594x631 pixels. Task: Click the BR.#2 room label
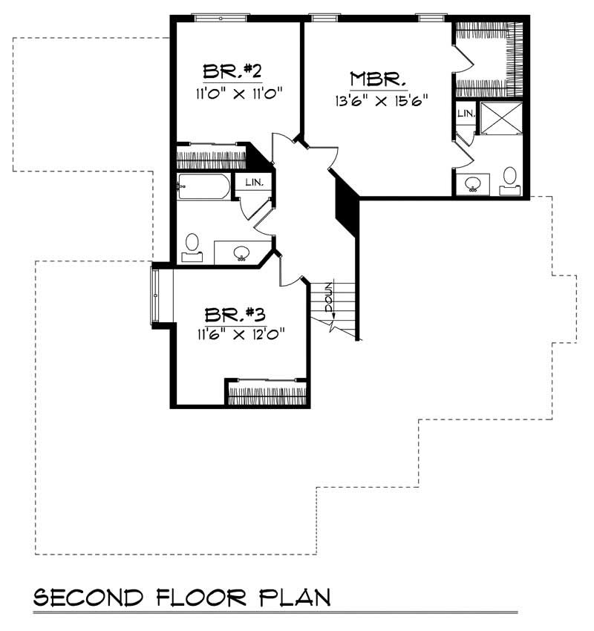(x=232, y=71)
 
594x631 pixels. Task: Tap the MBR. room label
(x=377, y=79)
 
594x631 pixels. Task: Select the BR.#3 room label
(x=235, y=314)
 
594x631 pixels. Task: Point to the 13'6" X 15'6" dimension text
(x=381, y=100)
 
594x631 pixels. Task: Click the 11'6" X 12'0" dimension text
(x=241, y=333)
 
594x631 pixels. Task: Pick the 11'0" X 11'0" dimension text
(x=239, y=94)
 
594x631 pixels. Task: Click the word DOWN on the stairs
(x=329, y=298)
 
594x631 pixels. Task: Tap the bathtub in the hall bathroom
(x=204, y=187)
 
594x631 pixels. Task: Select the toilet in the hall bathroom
(x=192, y=247)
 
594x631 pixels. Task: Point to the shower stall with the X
(x=501, y=118)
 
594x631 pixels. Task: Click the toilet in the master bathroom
(x=510, y=181)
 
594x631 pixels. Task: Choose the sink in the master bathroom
(x=472, y=184)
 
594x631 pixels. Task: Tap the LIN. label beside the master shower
(x=466, y=114)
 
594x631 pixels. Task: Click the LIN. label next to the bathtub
(x=255, y=183)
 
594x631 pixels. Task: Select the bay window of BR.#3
(x=155, y=295)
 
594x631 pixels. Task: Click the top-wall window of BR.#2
(x=220, y=18)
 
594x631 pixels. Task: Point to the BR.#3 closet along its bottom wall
(x=267, y=393)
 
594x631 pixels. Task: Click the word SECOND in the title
(x=88, y=598)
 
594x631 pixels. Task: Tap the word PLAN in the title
(x=295, y=598)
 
